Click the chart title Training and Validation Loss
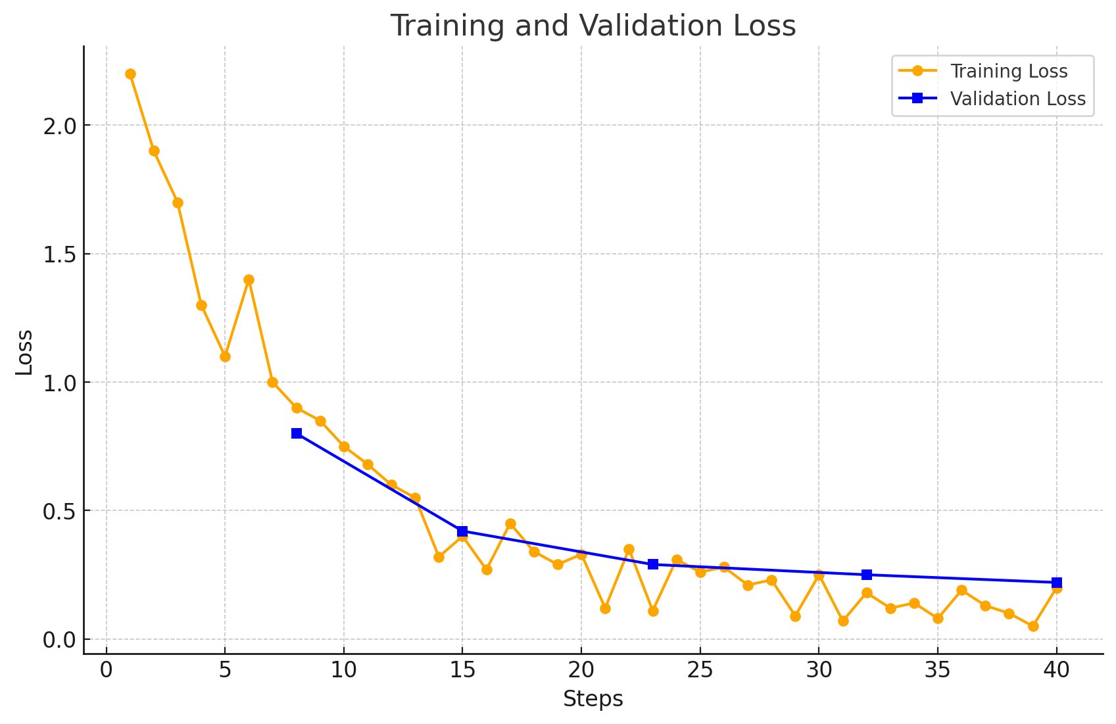click(x=593, y=26)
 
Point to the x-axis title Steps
click(x=593, y=699)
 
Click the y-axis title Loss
click(x=24, y=352)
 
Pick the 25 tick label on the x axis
click(x=700, y=671)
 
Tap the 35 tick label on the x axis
click(x=937, y=671)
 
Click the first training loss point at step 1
click(x=130, y=74)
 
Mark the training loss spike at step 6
click(x=249, y=279)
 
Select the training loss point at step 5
click(x=225, y=356)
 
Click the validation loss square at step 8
click(x=297, y=433)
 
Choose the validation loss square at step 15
click(x=462, y=531)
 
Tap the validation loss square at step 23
click(x=653, y=564)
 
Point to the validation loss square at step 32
click(x=867, y=575)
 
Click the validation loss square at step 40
click(x=1057, y=583)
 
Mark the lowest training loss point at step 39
click(x=1033, y=626)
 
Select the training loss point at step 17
click(x=510, y=523)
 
